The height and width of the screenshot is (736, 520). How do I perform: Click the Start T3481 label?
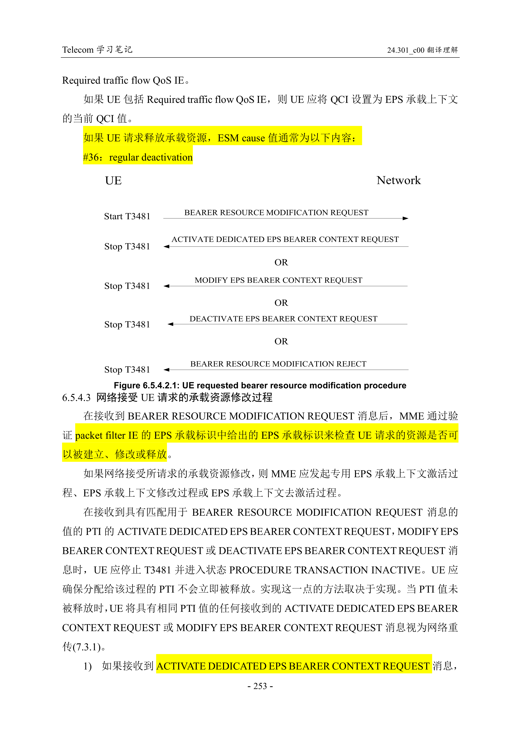[x=127, y=216]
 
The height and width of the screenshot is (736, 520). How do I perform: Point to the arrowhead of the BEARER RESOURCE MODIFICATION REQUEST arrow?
[x=406, y=218]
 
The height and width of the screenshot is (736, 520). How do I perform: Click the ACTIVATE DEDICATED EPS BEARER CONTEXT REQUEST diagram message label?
[x=285, y=239]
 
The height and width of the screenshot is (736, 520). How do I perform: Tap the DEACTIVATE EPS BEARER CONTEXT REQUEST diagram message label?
[x=283, y=319]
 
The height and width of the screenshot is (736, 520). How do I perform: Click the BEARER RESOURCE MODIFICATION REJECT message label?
[x=278, y=364]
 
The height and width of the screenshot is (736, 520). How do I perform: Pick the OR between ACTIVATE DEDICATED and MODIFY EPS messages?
[x=281, y=262]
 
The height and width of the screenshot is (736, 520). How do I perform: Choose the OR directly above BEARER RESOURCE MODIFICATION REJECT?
[x=281, y=341]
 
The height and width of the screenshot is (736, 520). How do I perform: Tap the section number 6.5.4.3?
[x=76, y=398]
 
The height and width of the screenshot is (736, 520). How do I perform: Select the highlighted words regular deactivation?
[x=151, y=157]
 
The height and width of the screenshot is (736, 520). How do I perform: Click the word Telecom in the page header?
[x=78, y=50]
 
